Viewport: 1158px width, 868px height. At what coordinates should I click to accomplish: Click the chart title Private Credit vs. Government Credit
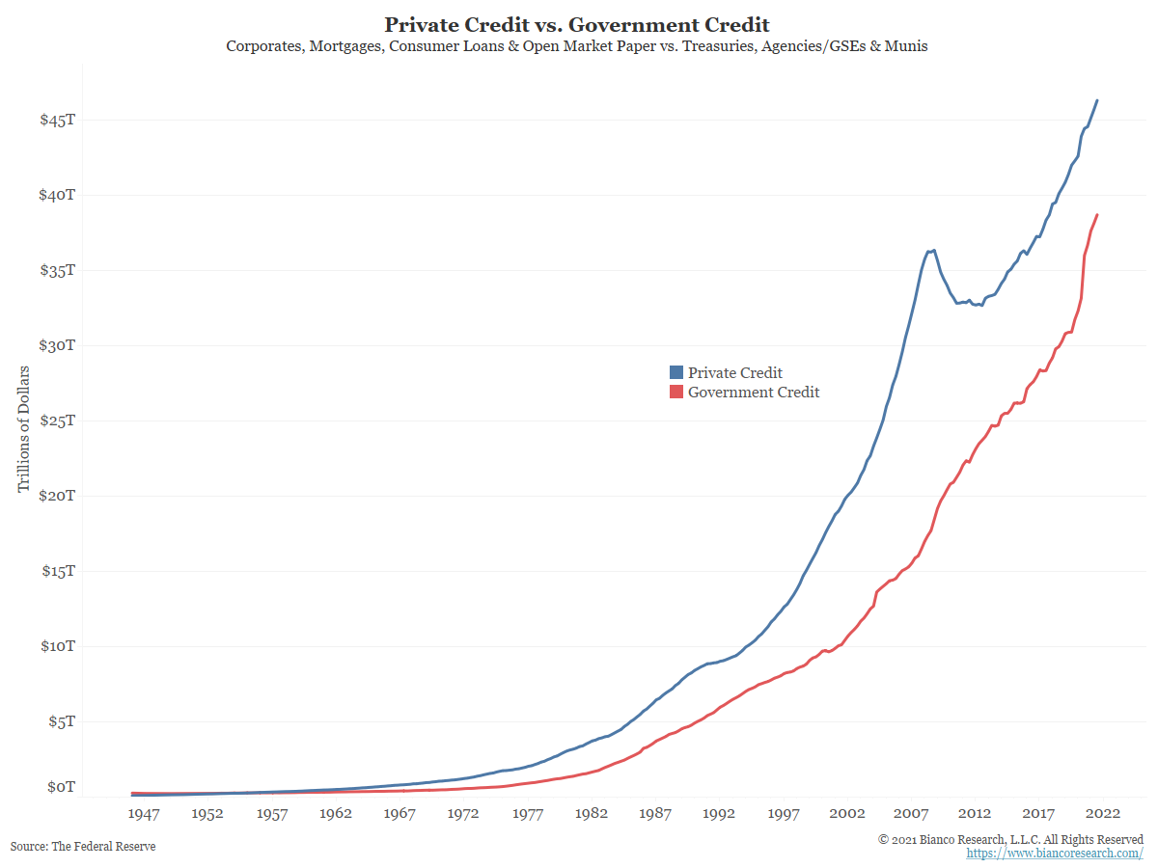click(577, 24)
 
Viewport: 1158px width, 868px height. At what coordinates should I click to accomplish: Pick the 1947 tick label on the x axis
click(144, 814)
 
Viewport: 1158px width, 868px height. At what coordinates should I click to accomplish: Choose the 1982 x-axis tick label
click(592, 814)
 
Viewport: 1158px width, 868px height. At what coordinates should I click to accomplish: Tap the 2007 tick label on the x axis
click(911, 814)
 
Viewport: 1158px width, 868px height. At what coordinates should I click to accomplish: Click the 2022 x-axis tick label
click(1102, 814)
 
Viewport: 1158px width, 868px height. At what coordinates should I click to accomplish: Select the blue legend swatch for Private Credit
click(676, 372)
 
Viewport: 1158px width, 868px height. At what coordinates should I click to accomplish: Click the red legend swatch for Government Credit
click(676, 392)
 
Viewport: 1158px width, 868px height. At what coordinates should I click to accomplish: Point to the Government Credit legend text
click(754, 392)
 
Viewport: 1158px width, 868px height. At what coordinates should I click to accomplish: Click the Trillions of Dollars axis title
click(24, 428)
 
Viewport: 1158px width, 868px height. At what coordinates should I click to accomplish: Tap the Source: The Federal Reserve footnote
click(83, 846)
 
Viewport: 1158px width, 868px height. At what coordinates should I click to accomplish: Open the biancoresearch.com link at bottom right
click(1055, 854)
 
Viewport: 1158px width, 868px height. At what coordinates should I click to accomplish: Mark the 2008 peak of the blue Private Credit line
click(933, 250)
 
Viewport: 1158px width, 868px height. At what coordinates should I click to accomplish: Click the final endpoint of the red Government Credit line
click(1097, 215)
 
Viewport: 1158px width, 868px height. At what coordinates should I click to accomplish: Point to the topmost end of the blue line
click(1097, 100)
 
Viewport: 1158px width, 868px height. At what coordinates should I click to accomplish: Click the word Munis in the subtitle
click(907, 46)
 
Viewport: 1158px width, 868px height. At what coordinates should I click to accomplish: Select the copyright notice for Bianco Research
click(1010, 839)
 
